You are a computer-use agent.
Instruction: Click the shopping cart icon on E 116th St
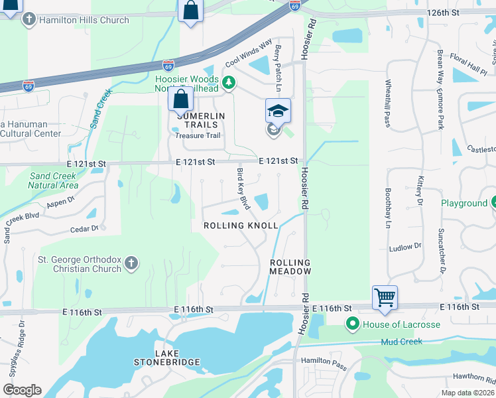[x=385, y=297]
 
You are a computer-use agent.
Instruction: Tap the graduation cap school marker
[x=278, y=111]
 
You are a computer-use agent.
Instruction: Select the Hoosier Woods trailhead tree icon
[x=229, y=82]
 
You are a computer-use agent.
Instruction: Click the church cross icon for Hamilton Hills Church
[x=29, y=20]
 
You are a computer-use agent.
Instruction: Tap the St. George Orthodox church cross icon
[x=131, y=263]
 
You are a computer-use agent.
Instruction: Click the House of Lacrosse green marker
[x=351, y=324]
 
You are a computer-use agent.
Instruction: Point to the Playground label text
[x=464, y=203]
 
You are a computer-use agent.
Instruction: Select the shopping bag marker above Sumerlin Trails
[x=180, y=100]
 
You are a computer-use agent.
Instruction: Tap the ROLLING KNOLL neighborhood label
[x=240, y=226]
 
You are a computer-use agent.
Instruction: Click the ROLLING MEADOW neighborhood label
[x=290, y=267]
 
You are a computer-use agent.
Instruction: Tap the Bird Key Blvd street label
[x=243, y=190]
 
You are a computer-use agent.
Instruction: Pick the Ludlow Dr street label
[x=405, y=246]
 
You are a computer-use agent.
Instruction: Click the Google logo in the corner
[x=22, y=390]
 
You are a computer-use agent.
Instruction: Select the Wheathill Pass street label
[x=388, y=103]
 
